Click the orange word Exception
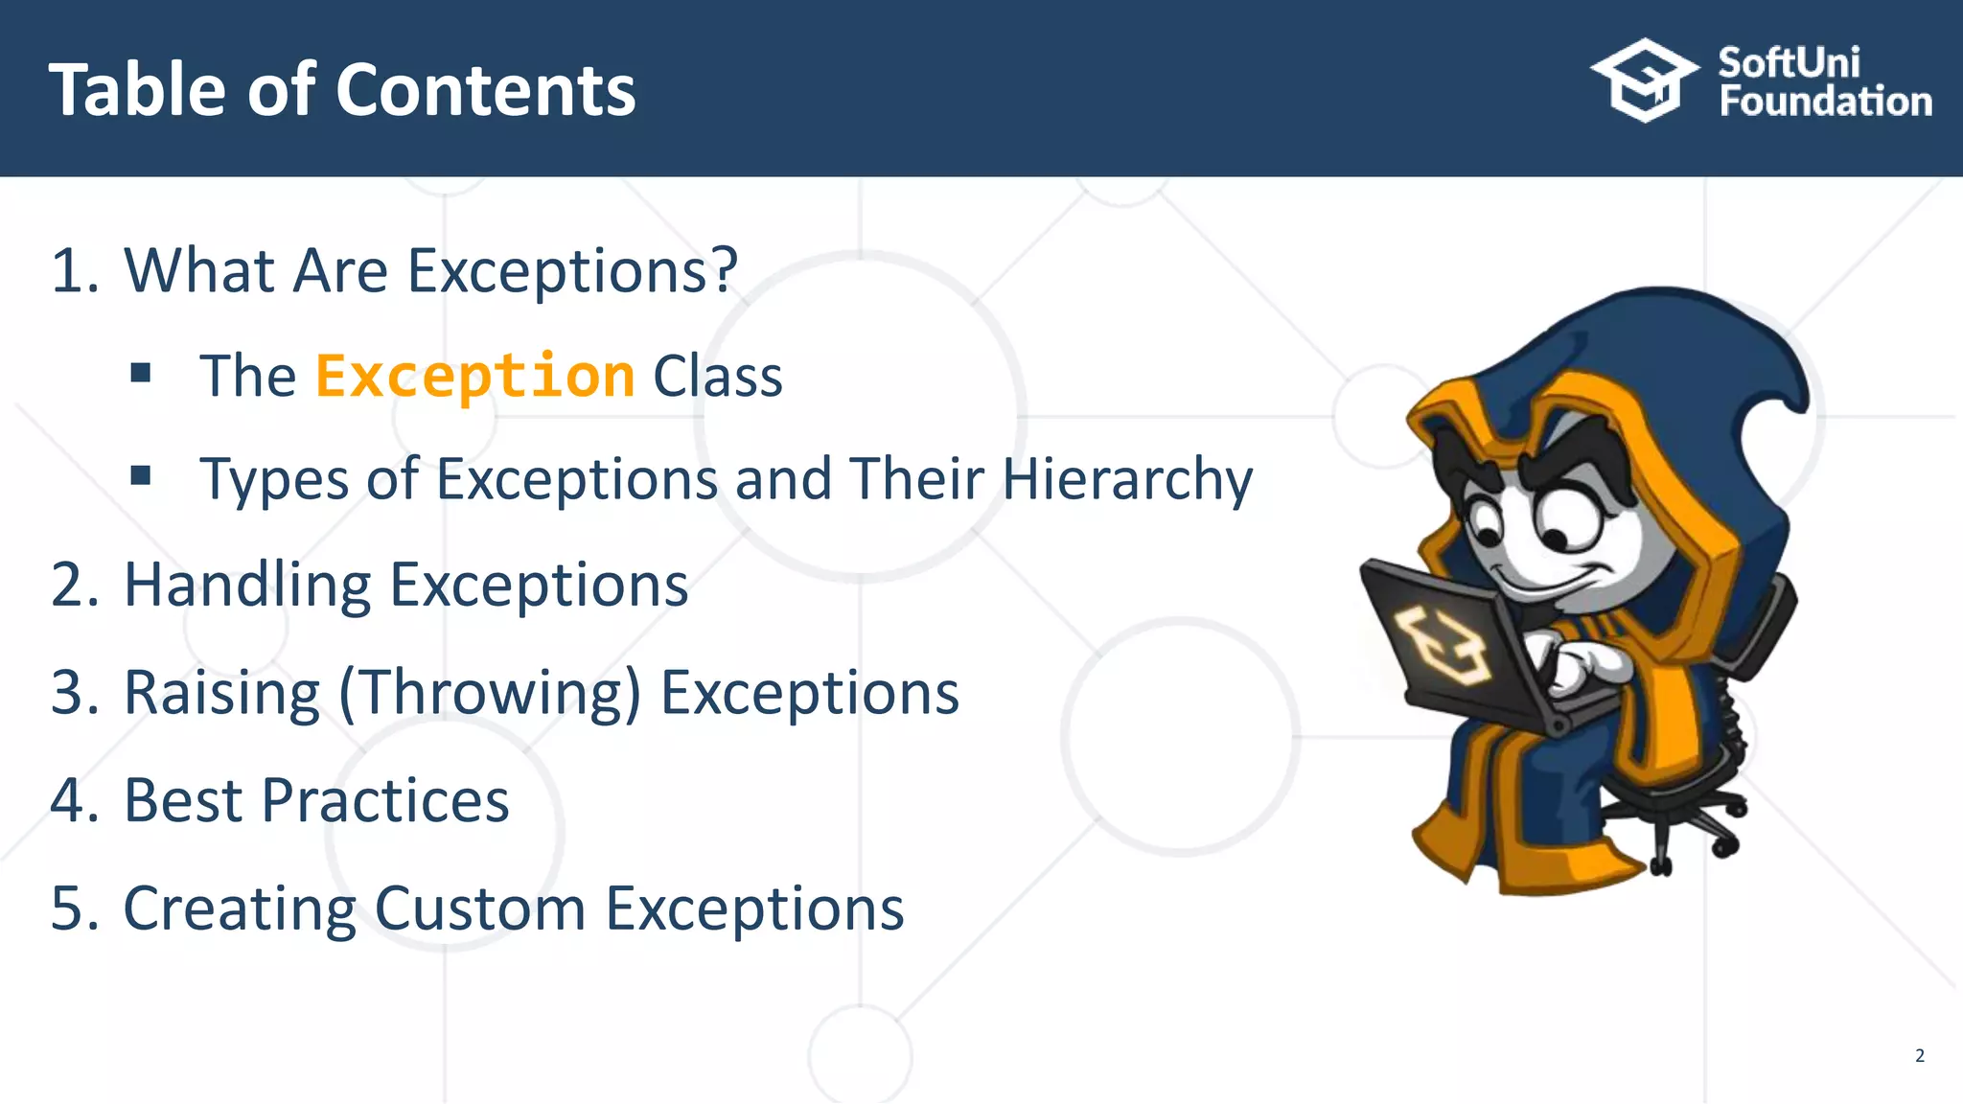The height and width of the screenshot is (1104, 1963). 474,376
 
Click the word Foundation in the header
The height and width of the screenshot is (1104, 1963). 1825,102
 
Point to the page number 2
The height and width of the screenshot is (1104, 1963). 1919,1055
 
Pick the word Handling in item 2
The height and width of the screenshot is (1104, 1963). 247,586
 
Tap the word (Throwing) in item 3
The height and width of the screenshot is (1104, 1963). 489,692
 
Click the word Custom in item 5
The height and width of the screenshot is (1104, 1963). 479,908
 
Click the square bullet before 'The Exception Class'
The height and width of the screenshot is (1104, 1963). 141,373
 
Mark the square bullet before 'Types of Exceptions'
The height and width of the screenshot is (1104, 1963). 141,475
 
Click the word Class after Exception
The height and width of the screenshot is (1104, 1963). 717,376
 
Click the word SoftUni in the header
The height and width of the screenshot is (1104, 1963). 1789,63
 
